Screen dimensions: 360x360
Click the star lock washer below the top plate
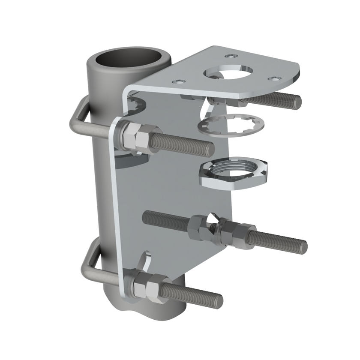231,125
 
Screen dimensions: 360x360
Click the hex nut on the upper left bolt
137,137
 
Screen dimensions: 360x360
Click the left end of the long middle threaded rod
146,214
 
